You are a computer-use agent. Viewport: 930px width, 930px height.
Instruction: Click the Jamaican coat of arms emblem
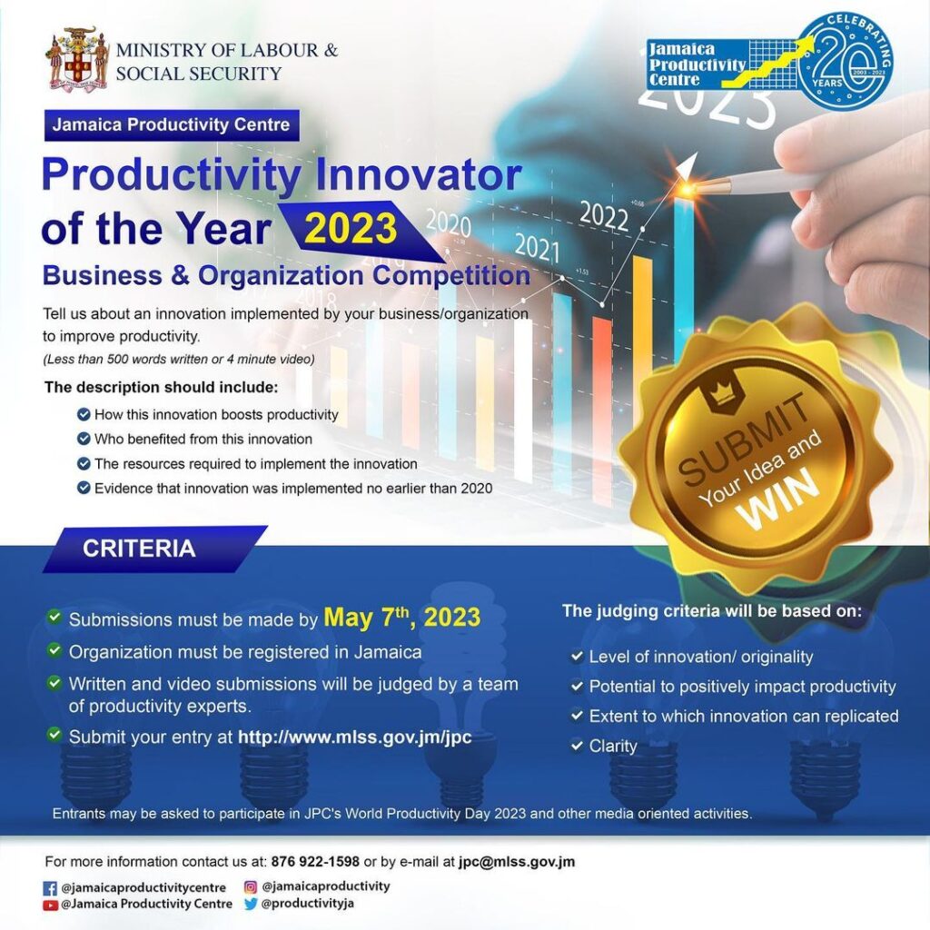78,58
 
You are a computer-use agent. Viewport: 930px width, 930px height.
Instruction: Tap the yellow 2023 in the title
351,229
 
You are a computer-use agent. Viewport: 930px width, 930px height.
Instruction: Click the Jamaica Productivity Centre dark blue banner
172,125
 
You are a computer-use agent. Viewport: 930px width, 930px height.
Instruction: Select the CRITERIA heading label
139,549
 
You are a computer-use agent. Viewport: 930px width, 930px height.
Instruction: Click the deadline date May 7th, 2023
401,617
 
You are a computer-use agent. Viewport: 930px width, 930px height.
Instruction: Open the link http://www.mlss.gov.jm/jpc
355,737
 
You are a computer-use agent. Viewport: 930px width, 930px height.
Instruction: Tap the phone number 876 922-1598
315,861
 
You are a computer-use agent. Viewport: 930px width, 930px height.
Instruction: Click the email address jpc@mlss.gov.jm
516,862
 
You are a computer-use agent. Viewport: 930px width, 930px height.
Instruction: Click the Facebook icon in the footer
51,888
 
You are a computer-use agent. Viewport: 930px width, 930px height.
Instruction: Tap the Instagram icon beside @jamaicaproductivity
251,886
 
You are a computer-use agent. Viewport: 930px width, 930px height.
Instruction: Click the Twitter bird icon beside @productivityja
251,904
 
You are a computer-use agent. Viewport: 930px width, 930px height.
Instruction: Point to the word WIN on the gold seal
778,498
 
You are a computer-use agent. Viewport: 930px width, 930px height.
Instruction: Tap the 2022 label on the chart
604,216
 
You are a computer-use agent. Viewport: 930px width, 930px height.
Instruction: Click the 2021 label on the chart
537,247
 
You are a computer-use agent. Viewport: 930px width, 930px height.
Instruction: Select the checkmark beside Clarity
577,745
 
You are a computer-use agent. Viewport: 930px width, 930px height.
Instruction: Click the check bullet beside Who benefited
84,439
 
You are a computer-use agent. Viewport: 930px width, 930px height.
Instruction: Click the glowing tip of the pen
688,188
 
